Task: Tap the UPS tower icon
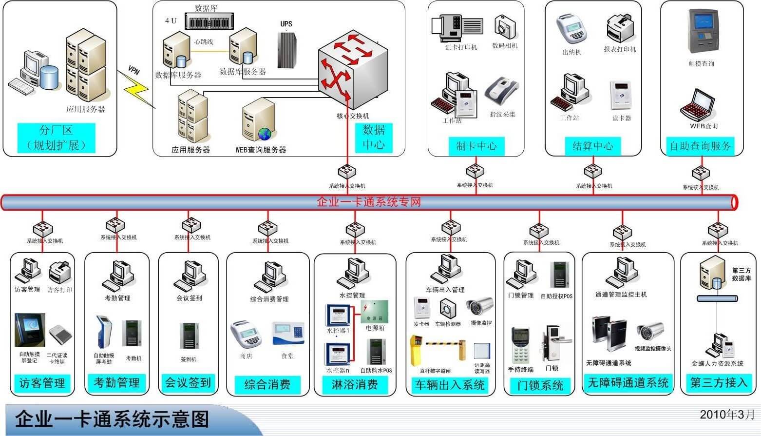pos(287,50)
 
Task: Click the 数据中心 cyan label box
pos(374,138)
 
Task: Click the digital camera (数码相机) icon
pos(505,27)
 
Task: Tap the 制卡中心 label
pos(476,146)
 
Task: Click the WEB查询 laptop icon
pos(698,104)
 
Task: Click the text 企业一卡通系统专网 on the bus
pos(369,202)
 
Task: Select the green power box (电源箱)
pos(375,312)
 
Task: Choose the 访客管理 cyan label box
pos(42,383)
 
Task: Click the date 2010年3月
pos(727,415)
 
